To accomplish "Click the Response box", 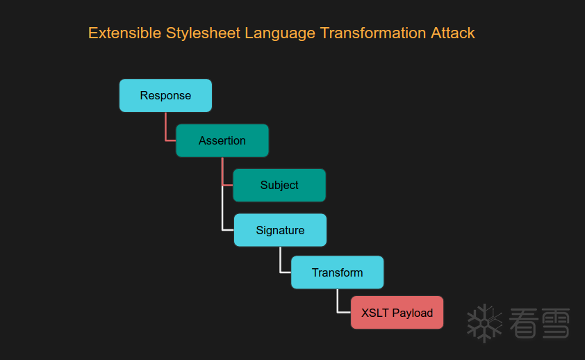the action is pyautogui.click(x=165, y=95).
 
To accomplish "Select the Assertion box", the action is pyautogui.click(x=222, y=140).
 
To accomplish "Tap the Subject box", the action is pyautogui.click(x=279, y=185).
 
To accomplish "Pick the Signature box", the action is pyautogui.click(x=280, y=230).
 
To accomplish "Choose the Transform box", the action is pyautogui.click(x=337, y=272).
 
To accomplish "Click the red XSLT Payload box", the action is pyautogui.click(x=397, y=313).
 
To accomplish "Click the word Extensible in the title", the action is pyautogui.click(x=124, y=33).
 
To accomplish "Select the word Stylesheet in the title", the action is pyautogui.click(x=204, y=33).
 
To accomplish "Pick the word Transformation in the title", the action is pyautogui.click(x=373, y=33).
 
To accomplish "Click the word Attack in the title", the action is pyautogui.click(x=453, y=33).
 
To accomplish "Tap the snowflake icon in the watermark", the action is pyautogui.click(x=484, y=323).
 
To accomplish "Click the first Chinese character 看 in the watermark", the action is pyautogui.click(x=524, y=323).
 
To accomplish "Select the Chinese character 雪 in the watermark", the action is pyautogui.click(x=555, y=323).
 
